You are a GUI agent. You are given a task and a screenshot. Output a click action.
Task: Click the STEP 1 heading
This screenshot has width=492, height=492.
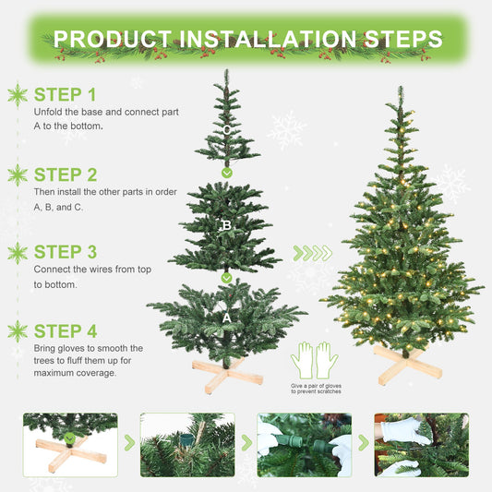pyautogui.click(x=65, y=94)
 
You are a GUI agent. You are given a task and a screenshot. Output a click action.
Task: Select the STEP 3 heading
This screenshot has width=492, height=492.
pyautogui.click(x=65, y=251)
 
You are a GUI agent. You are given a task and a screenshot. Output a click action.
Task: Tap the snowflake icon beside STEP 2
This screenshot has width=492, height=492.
pyautogui.click(x=18, y=174)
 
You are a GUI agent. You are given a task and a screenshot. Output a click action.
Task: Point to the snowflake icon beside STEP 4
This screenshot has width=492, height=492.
pyautogui.click(x=18, y=330)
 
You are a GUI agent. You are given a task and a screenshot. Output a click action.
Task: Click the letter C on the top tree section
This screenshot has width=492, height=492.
pyautogui.click(x=226, y=130)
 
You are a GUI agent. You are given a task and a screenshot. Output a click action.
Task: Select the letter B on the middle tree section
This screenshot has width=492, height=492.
pyautogui.click(x=226, y=224)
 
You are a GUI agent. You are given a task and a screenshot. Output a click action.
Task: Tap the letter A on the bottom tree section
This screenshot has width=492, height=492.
pyautogui.click(x=226, y=316)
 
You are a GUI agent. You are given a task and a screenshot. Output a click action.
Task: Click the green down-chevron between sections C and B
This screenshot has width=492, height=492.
pyautogui.click(x=226, y=173)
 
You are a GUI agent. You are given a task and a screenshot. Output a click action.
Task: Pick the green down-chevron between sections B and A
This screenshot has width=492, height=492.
pyautogui.click(x=226, y=277)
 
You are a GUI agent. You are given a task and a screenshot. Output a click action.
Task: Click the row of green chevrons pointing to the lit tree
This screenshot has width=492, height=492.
pyautogui.click(x=312, y=253)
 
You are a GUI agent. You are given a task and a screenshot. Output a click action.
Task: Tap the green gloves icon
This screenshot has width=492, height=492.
pyautogui.click(x=315, y=359)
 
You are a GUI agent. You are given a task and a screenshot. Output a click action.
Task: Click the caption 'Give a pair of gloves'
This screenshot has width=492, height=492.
pyautogui.click(x=315, y=385)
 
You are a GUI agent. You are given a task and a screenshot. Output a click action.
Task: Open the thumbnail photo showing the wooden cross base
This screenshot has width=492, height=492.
pyautogui.click(x=70, y=445)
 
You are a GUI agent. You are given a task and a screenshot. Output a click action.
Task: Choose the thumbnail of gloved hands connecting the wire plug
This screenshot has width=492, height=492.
pyautogui.click(x=304, y=445)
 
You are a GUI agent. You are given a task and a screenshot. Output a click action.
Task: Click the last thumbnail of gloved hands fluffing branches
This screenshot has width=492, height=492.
pyautogui.click(x=421, y=445)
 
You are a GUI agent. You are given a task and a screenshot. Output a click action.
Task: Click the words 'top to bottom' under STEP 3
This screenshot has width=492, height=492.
pyautogui.click(x=55, y=285)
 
